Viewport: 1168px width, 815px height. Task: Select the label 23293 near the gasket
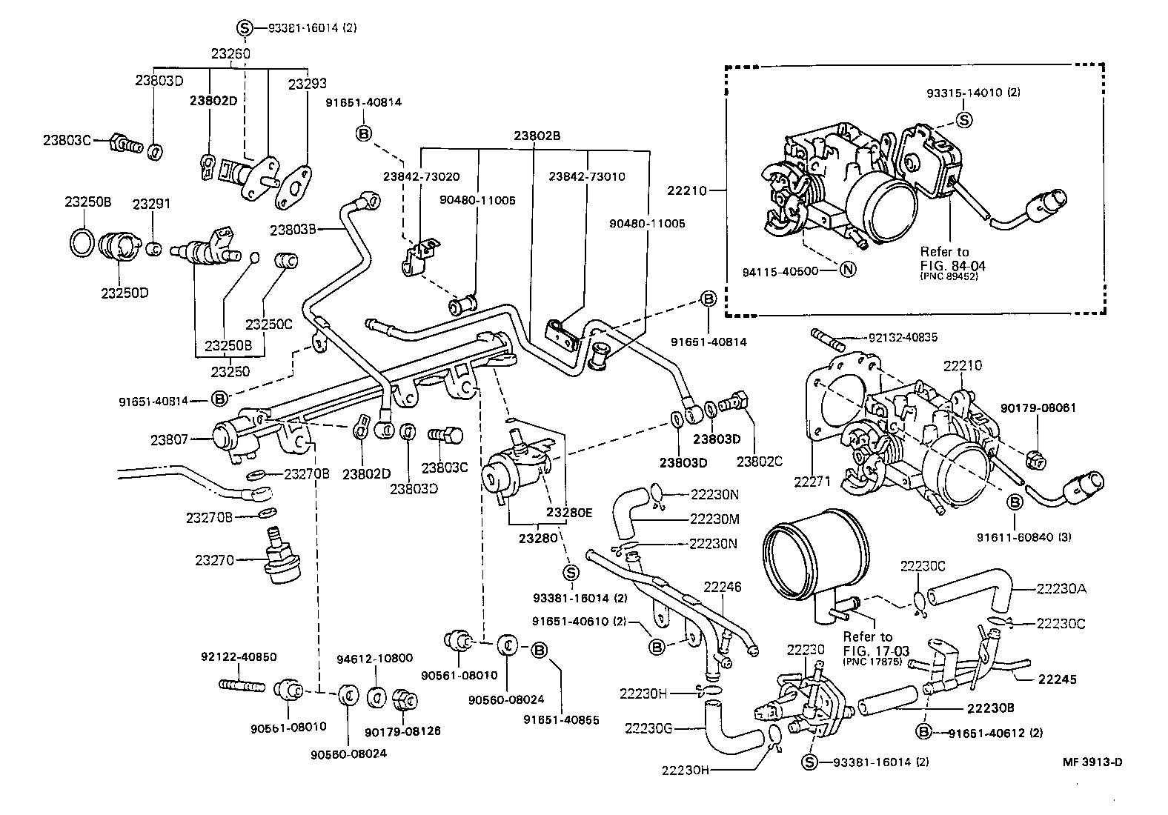pyautogui.click(x=307, y=84)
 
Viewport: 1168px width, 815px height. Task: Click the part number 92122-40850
pyautogui.click(x=239, y=656)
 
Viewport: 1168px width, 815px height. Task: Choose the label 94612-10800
pyautogui.click(x=374, y=658)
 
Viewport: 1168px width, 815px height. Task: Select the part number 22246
pyautogui.click(x=723, y=588)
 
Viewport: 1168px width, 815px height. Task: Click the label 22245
pyautogui.click(x=1058, y=679)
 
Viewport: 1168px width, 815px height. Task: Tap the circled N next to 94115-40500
pyautogui.click(x=849, y=271)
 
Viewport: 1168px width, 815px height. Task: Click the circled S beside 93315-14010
pyautogui.click(x=963, y=119)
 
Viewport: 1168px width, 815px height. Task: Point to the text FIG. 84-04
pyautogui.click(x=953, y=265)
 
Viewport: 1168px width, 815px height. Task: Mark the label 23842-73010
pyautogui.click(x=587, y=177)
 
